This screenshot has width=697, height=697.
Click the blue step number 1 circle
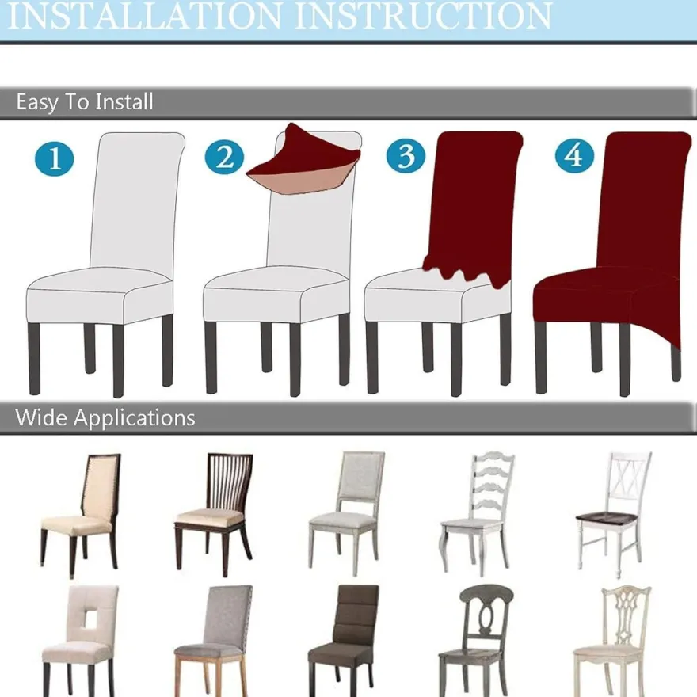(x=54, y=158)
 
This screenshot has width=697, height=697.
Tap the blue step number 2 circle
(x=224, y=157)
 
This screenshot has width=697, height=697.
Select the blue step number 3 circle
(x=406, y=155)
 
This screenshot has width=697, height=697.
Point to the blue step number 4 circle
(x=574, y=155)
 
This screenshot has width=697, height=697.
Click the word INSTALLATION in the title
(x=144, y=16)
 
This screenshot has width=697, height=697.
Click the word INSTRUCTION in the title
(x=423, y=16)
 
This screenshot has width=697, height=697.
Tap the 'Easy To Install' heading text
(x=85, y=102)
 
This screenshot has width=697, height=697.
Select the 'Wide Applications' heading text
(x=105, y=418)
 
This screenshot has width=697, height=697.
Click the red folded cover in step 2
(x=303, y=162)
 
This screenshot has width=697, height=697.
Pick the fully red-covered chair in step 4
(x=612, y=263)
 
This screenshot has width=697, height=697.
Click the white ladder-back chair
(x=476, y=513)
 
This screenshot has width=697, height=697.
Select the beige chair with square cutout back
(x=80, y=641)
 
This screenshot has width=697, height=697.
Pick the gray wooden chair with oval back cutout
(x=477, y=641)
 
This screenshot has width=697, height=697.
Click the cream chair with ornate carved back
(x=612, y=641)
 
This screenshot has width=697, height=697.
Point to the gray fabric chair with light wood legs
(x=213, y=641)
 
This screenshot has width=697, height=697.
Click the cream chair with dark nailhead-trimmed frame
(x=80, y=516)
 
